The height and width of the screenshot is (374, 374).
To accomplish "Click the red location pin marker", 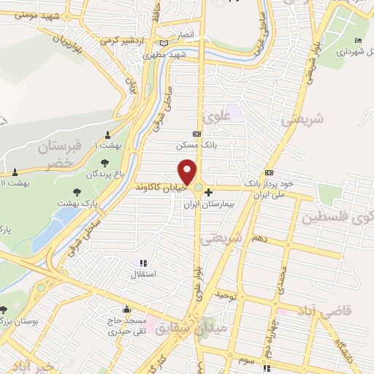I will click(x=189, y=172).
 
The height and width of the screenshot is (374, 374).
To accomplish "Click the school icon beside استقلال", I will click(x=142, y=263).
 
